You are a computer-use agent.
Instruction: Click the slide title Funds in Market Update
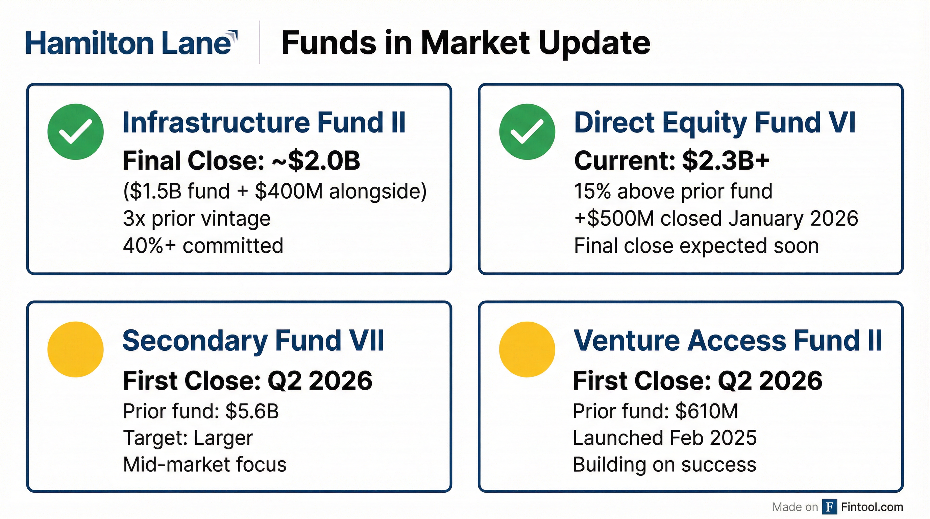coord(466,43)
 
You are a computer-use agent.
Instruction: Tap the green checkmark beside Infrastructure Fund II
coord(75,132)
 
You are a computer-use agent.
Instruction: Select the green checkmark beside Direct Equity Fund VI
coord(527,132)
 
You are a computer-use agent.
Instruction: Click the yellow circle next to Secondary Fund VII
coord(75,349)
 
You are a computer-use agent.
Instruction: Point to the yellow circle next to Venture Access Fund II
coord(527,349)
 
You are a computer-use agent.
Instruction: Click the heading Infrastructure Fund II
coord(264,123)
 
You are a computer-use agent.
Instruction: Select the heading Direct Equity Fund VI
coord(715,123)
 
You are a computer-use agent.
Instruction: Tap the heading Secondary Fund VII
coord(253,341)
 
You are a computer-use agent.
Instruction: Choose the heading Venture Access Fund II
coord(728,341)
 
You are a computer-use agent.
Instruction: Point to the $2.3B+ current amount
coord(726,160)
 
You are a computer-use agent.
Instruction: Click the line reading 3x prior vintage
coord(197,219)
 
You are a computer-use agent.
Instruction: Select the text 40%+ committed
coord(203,246)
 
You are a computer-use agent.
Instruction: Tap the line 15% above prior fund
coord(673,191)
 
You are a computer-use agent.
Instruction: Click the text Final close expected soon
coord(696,246)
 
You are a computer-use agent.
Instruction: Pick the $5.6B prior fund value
coord(252,411)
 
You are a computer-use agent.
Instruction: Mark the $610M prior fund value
coord(707,411)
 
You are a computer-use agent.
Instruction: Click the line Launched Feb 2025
coord(665,438)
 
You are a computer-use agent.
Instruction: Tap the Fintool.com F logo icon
coord(830,507)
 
